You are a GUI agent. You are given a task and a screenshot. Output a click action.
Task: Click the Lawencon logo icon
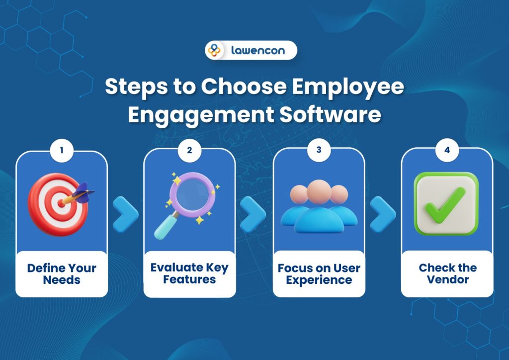214,50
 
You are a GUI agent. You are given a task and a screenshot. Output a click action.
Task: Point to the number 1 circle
62,150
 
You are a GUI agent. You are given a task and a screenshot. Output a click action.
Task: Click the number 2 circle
189,150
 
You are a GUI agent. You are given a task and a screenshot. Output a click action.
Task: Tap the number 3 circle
319,150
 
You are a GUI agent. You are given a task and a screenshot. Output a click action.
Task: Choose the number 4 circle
447,150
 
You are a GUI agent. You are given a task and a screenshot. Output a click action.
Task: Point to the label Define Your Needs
62,273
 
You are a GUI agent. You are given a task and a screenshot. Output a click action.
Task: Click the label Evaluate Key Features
189,273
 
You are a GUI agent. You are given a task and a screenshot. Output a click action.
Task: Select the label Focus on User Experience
319,273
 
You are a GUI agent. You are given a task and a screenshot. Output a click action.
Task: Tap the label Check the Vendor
447,273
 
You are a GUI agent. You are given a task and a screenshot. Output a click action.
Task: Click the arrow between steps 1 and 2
126,214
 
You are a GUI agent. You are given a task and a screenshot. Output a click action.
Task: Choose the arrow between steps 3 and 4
383,214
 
